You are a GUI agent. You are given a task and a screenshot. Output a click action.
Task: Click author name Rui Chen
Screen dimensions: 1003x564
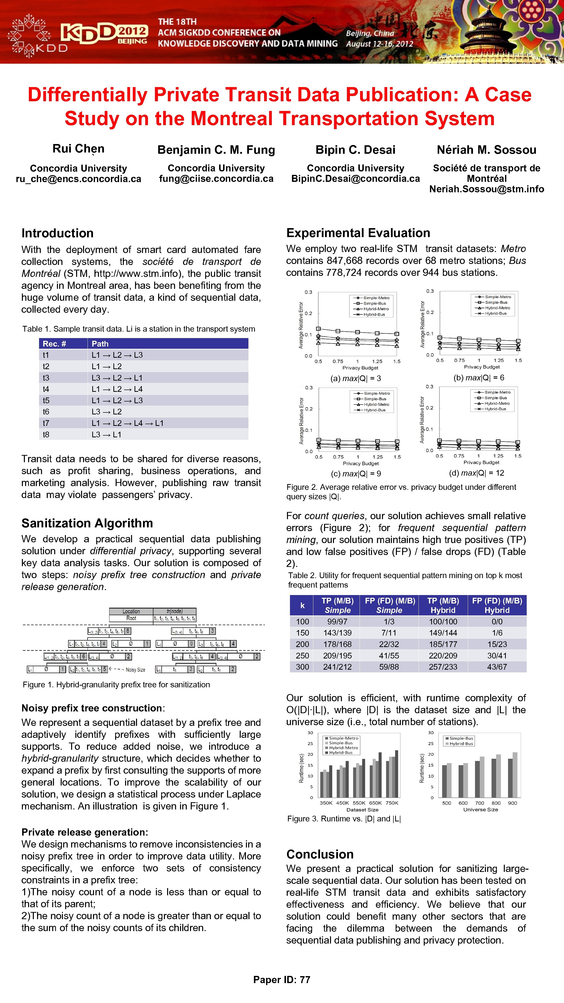(x=78, y=149)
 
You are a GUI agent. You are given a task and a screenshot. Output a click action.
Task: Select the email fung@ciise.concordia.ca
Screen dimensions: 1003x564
(x=216, y=179)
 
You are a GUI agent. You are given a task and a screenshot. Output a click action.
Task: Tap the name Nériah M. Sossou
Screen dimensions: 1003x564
(x=487, y=150)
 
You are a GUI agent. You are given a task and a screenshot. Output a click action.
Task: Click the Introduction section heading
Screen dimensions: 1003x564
(x=58, y=233)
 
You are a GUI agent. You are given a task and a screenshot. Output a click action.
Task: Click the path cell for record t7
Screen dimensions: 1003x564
(x=128, y=423)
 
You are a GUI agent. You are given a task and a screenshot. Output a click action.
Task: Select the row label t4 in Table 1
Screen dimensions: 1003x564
(x=46, y=389)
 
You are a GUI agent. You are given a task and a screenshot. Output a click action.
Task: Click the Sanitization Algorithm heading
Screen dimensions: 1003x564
(x=87, y=523)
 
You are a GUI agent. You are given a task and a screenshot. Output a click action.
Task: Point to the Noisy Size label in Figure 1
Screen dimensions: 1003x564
(x=136, y=670)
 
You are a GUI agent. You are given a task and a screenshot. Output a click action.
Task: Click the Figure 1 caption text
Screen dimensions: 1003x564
(x=116, y=685)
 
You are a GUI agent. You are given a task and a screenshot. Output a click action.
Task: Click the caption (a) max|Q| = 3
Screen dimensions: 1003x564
(x=355, y=378)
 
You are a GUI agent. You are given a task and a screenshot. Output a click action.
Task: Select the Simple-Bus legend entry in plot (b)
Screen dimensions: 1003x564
(x=496, y=302)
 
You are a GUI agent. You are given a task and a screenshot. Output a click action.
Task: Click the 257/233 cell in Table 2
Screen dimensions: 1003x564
(x=443, y=667)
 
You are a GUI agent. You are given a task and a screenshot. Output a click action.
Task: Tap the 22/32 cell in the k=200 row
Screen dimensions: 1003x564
(x=389, y=644)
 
